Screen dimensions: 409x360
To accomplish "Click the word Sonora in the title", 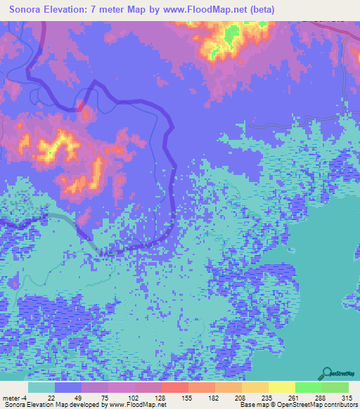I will (28, 9).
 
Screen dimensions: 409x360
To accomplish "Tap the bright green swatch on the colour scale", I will (308, 387).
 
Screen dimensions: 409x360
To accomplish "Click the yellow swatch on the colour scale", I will (281, 387).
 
